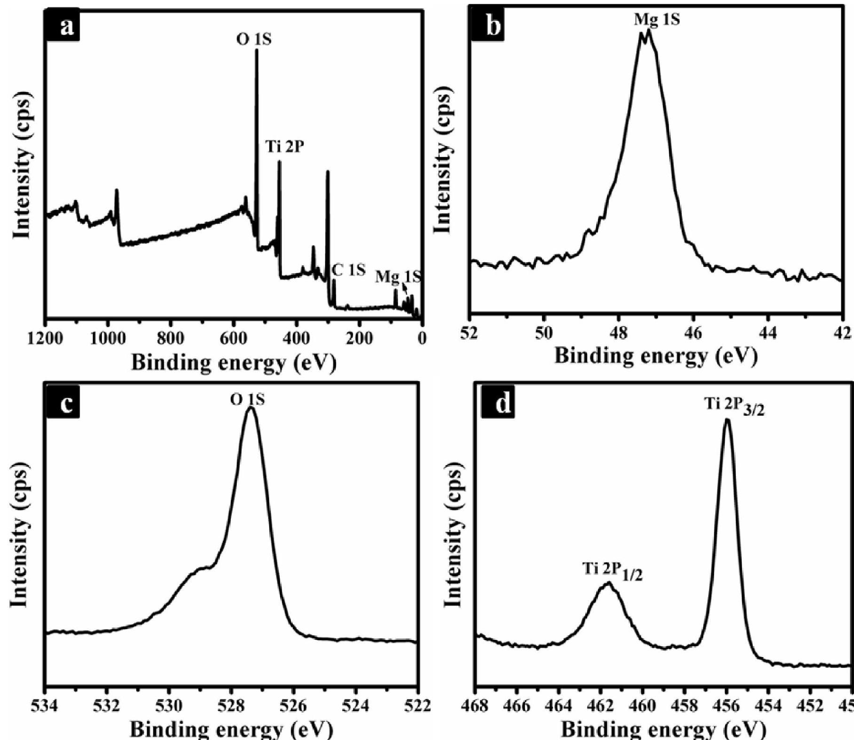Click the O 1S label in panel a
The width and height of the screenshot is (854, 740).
pyautogui.click(x=253, y=40)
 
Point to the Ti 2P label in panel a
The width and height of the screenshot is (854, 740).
pyautogui.click(x=285, y=147)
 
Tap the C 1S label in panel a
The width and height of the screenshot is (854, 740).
pyautogui.click(x=348, y=270)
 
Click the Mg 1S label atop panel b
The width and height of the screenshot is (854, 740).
pyautogui.click(x=656, y=19)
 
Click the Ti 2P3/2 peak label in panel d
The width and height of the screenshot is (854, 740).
pyautogui.click(x=735, y=406)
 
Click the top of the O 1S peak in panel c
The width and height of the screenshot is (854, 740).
pyautogui.click(x=251, y=408)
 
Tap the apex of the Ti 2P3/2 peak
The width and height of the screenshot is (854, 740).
pyautogui.click(x=727, y=420)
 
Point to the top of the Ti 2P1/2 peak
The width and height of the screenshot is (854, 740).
pyautogui.click(x=608, y=584)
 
